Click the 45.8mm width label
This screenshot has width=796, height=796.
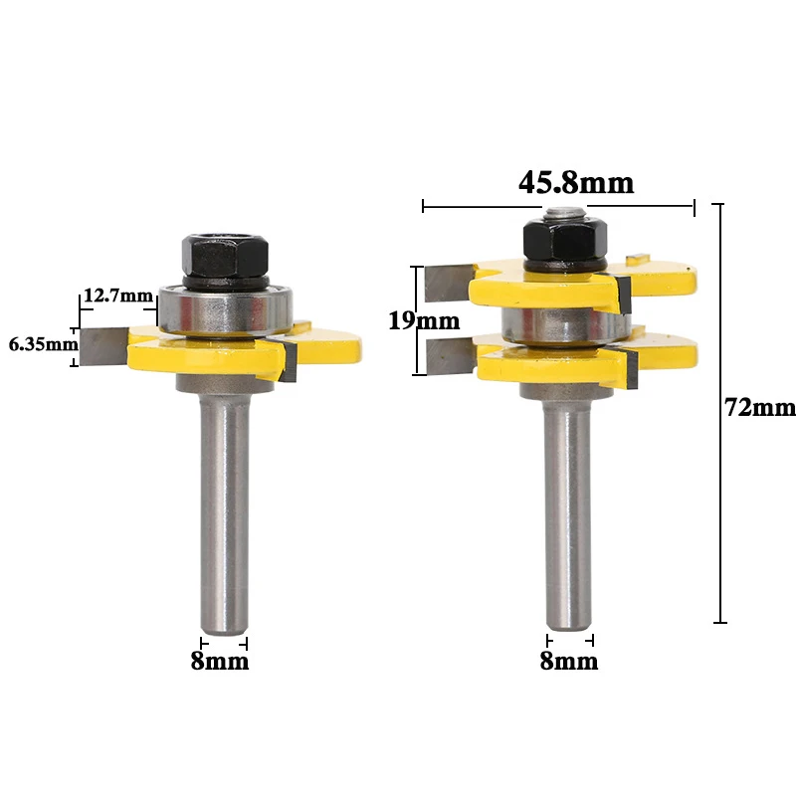[576, 183]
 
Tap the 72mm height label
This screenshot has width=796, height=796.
[759, 408]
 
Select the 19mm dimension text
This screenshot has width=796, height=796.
[424, 320]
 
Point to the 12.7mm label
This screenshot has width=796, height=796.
[117, 295]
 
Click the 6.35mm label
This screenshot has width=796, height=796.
[44, 344]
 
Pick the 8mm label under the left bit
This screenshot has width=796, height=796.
[220, 661]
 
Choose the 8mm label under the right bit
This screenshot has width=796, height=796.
[569, 661]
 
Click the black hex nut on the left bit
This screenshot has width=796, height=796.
[226, 256]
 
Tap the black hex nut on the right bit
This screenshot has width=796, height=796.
[565, 239]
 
